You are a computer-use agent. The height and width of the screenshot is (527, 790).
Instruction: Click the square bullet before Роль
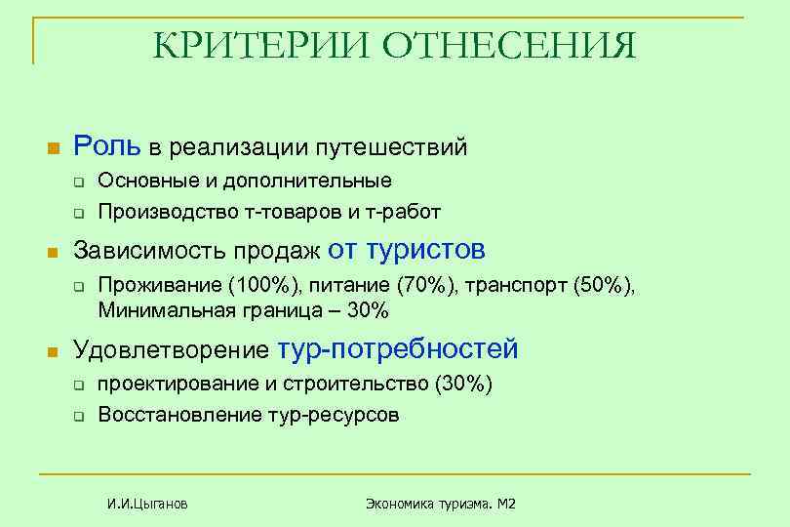click(54, 148)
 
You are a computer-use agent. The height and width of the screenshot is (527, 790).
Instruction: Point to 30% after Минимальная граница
click(368, 310)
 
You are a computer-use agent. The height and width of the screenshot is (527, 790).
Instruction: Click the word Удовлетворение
click(172, 350)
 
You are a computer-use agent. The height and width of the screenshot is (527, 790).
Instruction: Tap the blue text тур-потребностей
click(398, 349)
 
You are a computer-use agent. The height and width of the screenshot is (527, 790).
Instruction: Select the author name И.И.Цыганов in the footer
click(147, 504)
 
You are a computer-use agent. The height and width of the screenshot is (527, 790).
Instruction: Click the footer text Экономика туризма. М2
click(440, 504)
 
